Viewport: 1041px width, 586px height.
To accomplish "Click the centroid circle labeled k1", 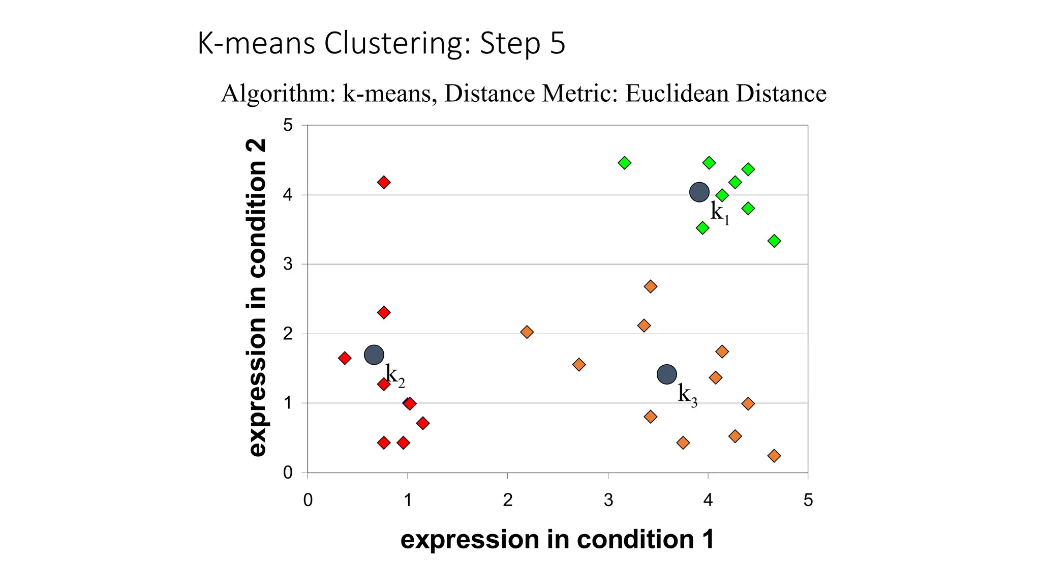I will tap(699, 192).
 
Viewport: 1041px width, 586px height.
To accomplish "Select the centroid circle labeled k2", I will tap(374, 355).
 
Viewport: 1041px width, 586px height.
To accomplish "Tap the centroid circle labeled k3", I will tap(667, 374).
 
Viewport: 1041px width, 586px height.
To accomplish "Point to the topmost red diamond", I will tap(384, 182).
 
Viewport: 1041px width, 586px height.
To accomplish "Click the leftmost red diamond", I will tap(345, 358).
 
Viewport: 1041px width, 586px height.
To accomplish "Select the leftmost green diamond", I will tap(625, 163).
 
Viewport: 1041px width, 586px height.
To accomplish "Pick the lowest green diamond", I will tap(774, 241).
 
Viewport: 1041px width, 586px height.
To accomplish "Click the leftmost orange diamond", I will tap(527, 332).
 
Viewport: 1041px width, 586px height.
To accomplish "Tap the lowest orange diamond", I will tap(774, 456).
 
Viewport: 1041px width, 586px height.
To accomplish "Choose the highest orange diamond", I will tap(651, 286).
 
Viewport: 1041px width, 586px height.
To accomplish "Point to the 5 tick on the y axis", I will tap(288, 125).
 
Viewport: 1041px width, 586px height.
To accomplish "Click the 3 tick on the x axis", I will tap(608, 500).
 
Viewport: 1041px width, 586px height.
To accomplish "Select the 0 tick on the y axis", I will tap(288, 473).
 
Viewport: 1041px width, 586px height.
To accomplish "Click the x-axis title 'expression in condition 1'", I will tap(557, 540).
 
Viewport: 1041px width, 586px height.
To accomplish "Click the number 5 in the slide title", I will tap(558, 43).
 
